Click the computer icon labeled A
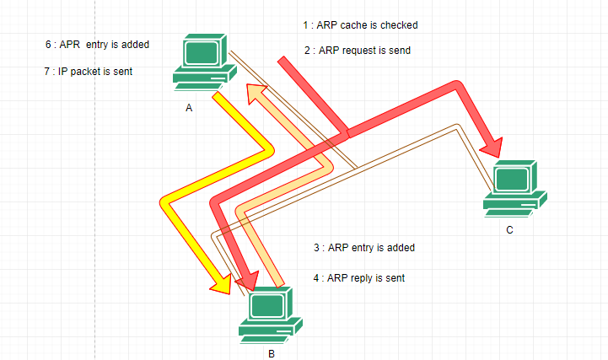point(202,61)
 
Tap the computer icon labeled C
point(514,187)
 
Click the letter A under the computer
point(189,109)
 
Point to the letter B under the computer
point(271,353)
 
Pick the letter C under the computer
point(509,229)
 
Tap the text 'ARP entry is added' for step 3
point(370,248)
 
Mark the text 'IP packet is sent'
point(94,72)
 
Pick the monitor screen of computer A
point(201,52)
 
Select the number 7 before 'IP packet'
point(46,72)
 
